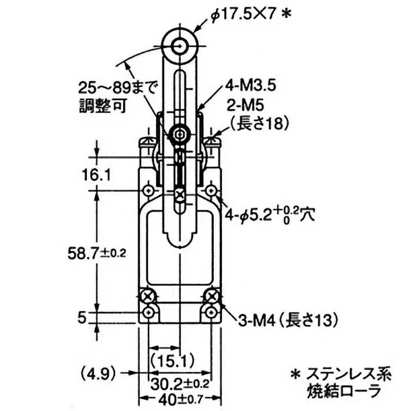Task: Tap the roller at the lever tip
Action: click(x=180, y=47)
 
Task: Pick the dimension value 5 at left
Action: click(x=81, y=317)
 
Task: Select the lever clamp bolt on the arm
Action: click(x=179, y=134)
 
